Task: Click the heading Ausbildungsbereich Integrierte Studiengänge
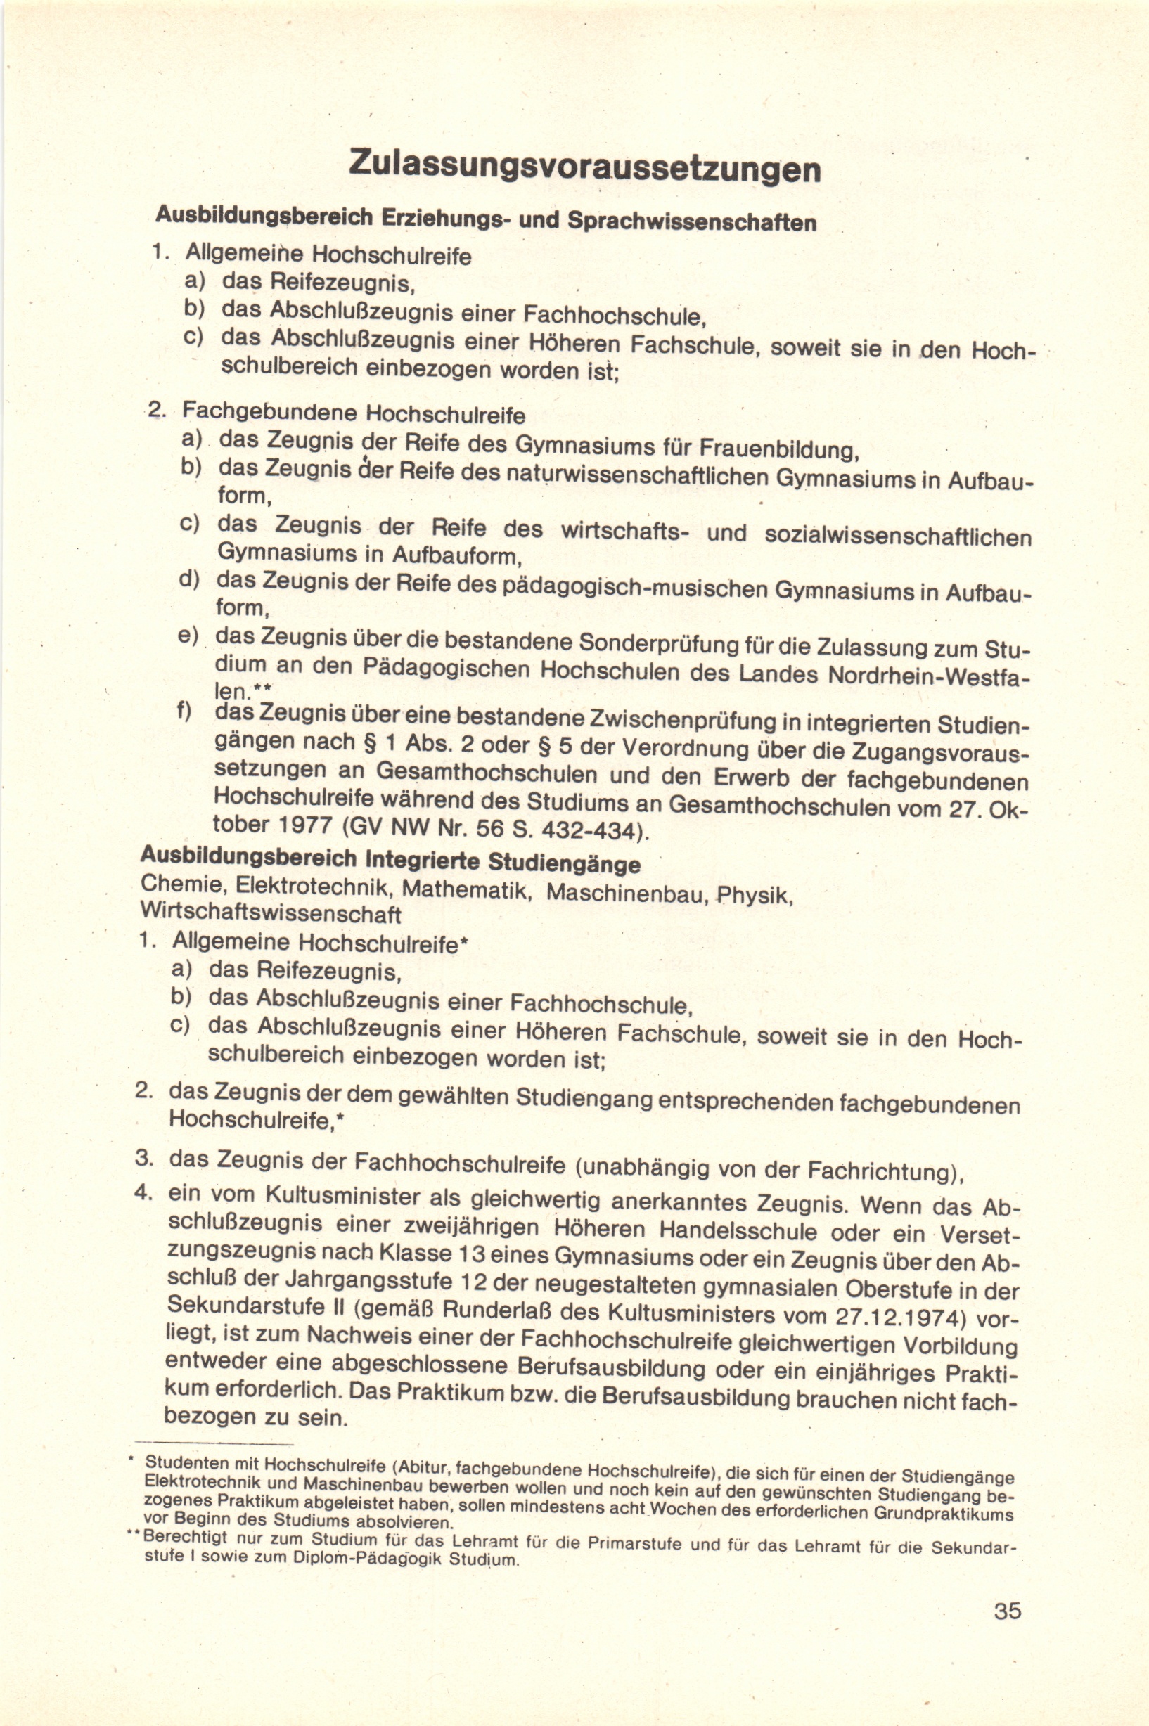(x=390, y=859)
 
